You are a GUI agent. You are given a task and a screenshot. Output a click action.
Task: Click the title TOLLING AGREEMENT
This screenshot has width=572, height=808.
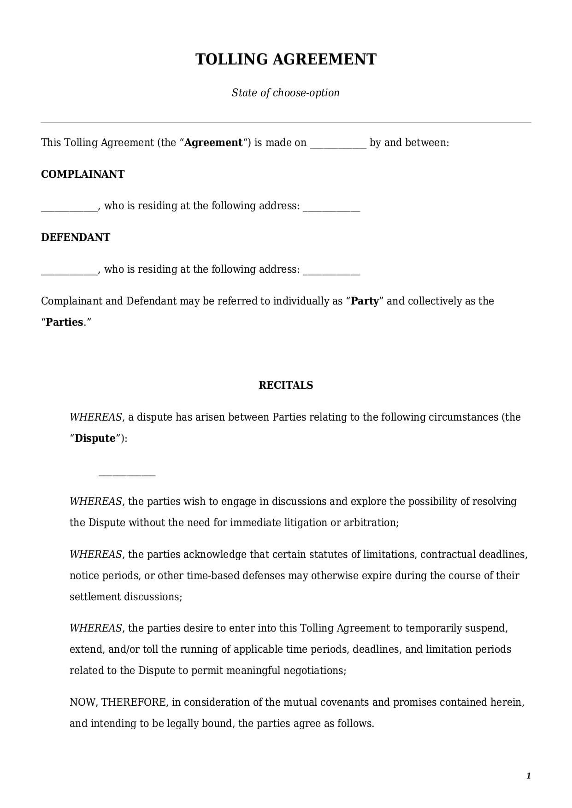pos(286,59)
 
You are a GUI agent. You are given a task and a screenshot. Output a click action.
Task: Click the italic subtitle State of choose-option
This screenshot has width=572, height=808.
pos(286,93)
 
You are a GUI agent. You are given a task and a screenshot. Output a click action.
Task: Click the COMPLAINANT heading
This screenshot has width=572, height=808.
pos(83,174)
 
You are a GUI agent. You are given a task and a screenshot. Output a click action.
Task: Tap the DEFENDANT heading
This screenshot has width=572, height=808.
pos(76,237)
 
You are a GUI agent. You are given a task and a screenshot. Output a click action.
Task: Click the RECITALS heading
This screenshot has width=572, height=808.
pos(286,385)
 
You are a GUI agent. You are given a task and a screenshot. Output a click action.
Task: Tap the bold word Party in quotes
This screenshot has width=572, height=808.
pos(365,301)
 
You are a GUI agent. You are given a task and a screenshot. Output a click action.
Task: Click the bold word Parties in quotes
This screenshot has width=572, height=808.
pos(65,322)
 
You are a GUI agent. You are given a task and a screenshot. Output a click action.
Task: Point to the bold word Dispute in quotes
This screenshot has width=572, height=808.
pos(95,438)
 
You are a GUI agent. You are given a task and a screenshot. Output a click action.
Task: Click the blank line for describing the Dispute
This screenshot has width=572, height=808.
pos(127,474)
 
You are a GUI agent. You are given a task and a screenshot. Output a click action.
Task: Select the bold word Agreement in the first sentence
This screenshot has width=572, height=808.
pos(213,142)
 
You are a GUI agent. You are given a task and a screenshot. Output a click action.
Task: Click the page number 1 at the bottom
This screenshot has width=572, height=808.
pos(529,776)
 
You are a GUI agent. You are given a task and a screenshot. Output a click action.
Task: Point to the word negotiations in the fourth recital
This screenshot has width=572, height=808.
pos(313,670)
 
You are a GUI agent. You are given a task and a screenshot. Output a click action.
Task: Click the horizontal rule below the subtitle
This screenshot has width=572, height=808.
pos(286,123)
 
